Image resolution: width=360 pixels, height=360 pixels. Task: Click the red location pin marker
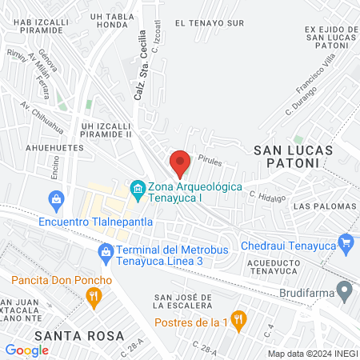[x=180, y=162]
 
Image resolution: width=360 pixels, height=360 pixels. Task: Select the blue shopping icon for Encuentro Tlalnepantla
[x=56, y=198]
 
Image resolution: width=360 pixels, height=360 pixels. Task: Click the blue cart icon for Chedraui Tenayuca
[x=346, y=241]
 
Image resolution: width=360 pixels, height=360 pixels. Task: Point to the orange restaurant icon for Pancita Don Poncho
[x=94, y=298]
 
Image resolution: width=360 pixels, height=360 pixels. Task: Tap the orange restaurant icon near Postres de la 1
[x=236, y=318]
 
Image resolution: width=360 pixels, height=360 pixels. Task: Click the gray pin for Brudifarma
[x=345, y=290]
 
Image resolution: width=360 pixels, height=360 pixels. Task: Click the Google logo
[x=26, y=350]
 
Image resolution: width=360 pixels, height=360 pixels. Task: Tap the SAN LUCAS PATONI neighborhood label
[x=286, y=155]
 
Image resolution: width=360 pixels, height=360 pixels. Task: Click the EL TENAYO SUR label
[x=209, y=23]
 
